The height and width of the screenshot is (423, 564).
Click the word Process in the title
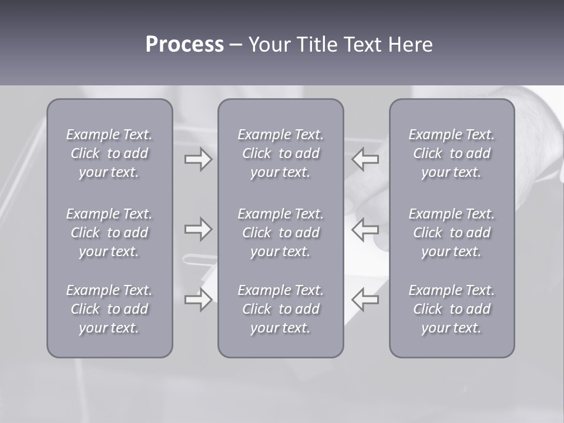pyautogui.click(x=184, y=45)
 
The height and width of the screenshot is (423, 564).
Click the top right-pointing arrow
pyautogui.click(x=198, y=159)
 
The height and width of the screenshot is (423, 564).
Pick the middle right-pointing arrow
pyautogui.click(x=198, y=229)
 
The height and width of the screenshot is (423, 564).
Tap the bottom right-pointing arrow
pyautogui.click(x=198, y=300)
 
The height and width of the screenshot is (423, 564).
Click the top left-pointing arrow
pyautogui.click(x=365, y=159)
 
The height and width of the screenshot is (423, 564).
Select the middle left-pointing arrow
pyautogui.click(x=365, y=229)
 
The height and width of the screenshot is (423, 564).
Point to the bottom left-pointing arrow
pyautogui.click(x=365, y=300)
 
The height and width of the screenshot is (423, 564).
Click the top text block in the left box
pyautogui.click(x=109, y=153)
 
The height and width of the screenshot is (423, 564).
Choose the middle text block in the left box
pyautogui.click(x=109, y=233)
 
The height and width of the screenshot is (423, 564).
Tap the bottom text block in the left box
pyautogui.click(x=109, y=309)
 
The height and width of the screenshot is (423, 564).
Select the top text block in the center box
pyautogui.click(x=280, y=153)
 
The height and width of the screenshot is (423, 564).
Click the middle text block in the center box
pyautogui.click(x=280, y=233)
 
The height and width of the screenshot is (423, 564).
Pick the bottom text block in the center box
pyautogui.click(x=280, y=309)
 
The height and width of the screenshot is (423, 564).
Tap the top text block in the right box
pyautogui.click(x=451, y=153)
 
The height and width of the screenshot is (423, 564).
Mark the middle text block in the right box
pyautogui.click(x=451, y=233)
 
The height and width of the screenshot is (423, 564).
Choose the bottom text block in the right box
pyautogui.click(x=451, y=309)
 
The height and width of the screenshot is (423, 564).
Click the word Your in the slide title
pyautogui.click(x=268, y=45)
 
